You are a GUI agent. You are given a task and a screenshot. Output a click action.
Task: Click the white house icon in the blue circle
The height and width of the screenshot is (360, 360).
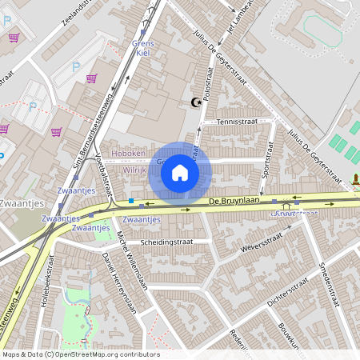coord(180,173)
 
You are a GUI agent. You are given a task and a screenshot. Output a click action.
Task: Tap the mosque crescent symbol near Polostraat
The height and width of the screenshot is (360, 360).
coord(193,102)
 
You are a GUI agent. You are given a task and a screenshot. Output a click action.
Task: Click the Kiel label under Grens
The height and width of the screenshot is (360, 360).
coord(144,52)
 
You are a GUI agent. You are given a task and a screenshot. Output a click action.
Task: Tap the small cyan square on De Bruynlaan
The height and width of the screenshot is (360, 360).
coord(131,201)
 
